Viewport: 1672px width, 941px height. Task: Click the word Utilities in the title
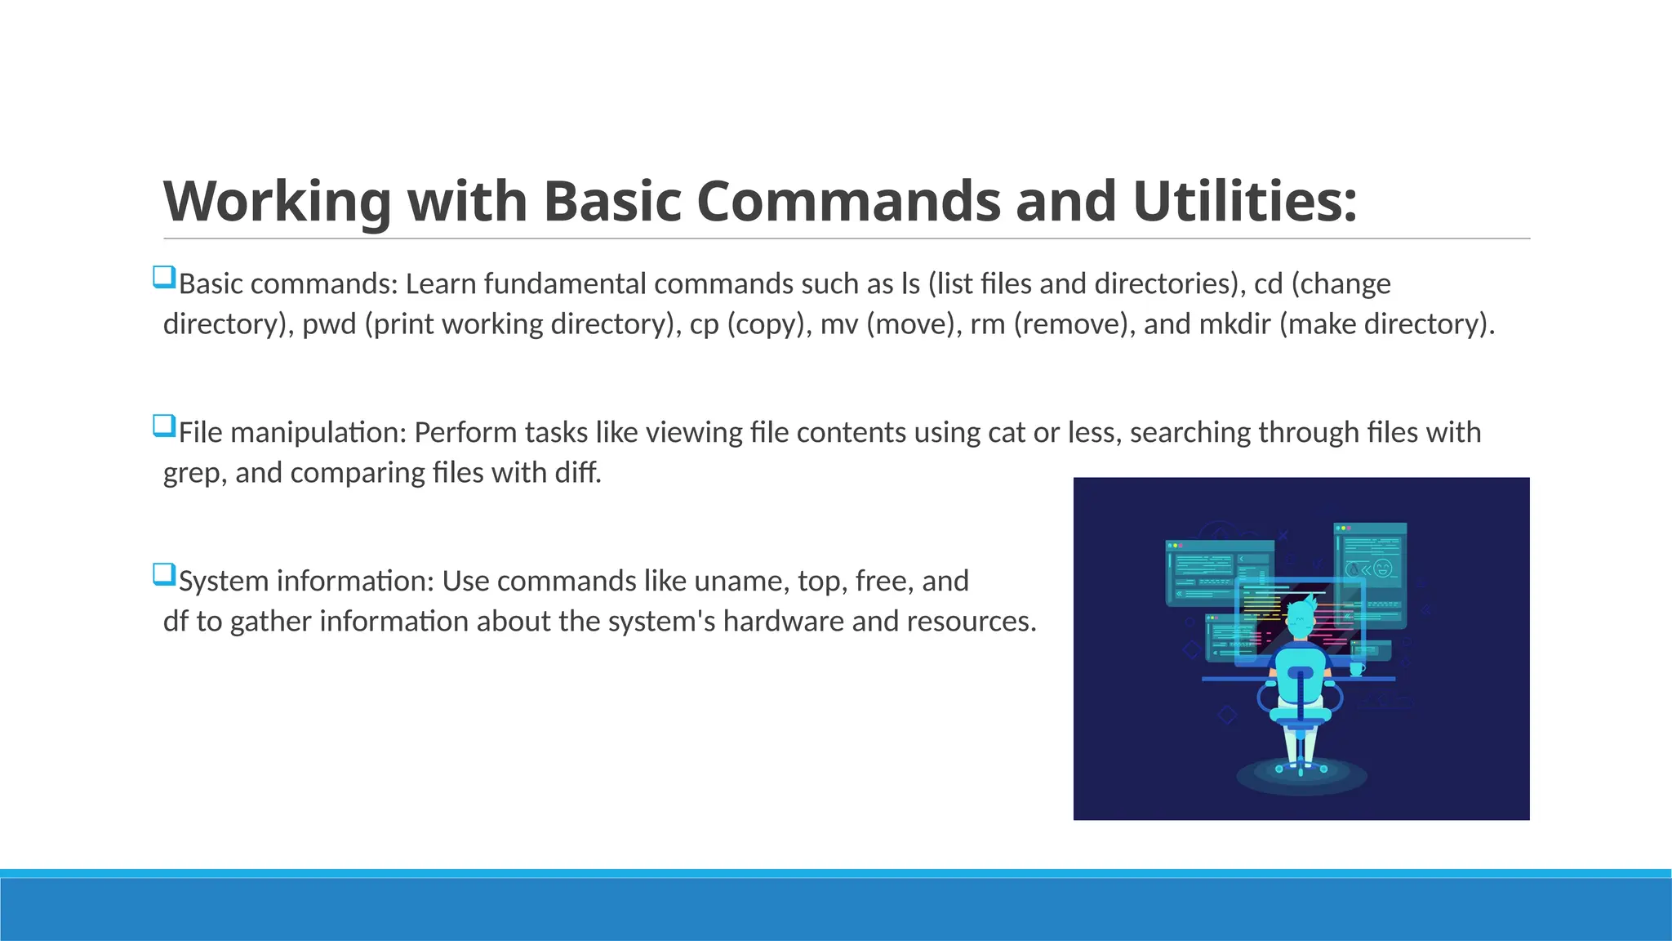(1245, 201)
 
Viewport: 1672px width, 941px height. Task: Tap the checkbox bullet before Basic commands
(164, 277)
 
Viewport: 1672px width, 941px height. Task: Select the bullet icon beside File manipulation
(164, 426)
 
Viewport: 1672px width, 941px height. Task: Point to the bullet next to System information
(164, 574)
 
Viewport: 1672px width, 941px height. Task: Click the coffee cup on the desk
(1357, 669)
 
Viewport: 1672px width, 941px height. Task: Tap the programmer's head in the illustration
(1300, 618)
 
